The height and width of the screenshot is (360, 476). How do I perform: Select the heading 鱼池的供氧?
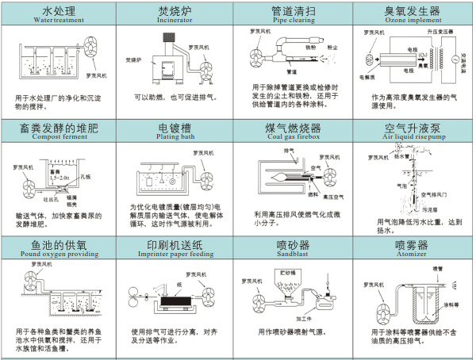point(57,243)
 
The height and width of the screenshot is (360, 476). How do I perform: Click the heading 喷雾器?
point(411,243)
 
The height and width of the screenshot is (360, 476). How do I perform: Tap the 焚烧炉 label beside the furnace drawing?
point(136,59)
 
